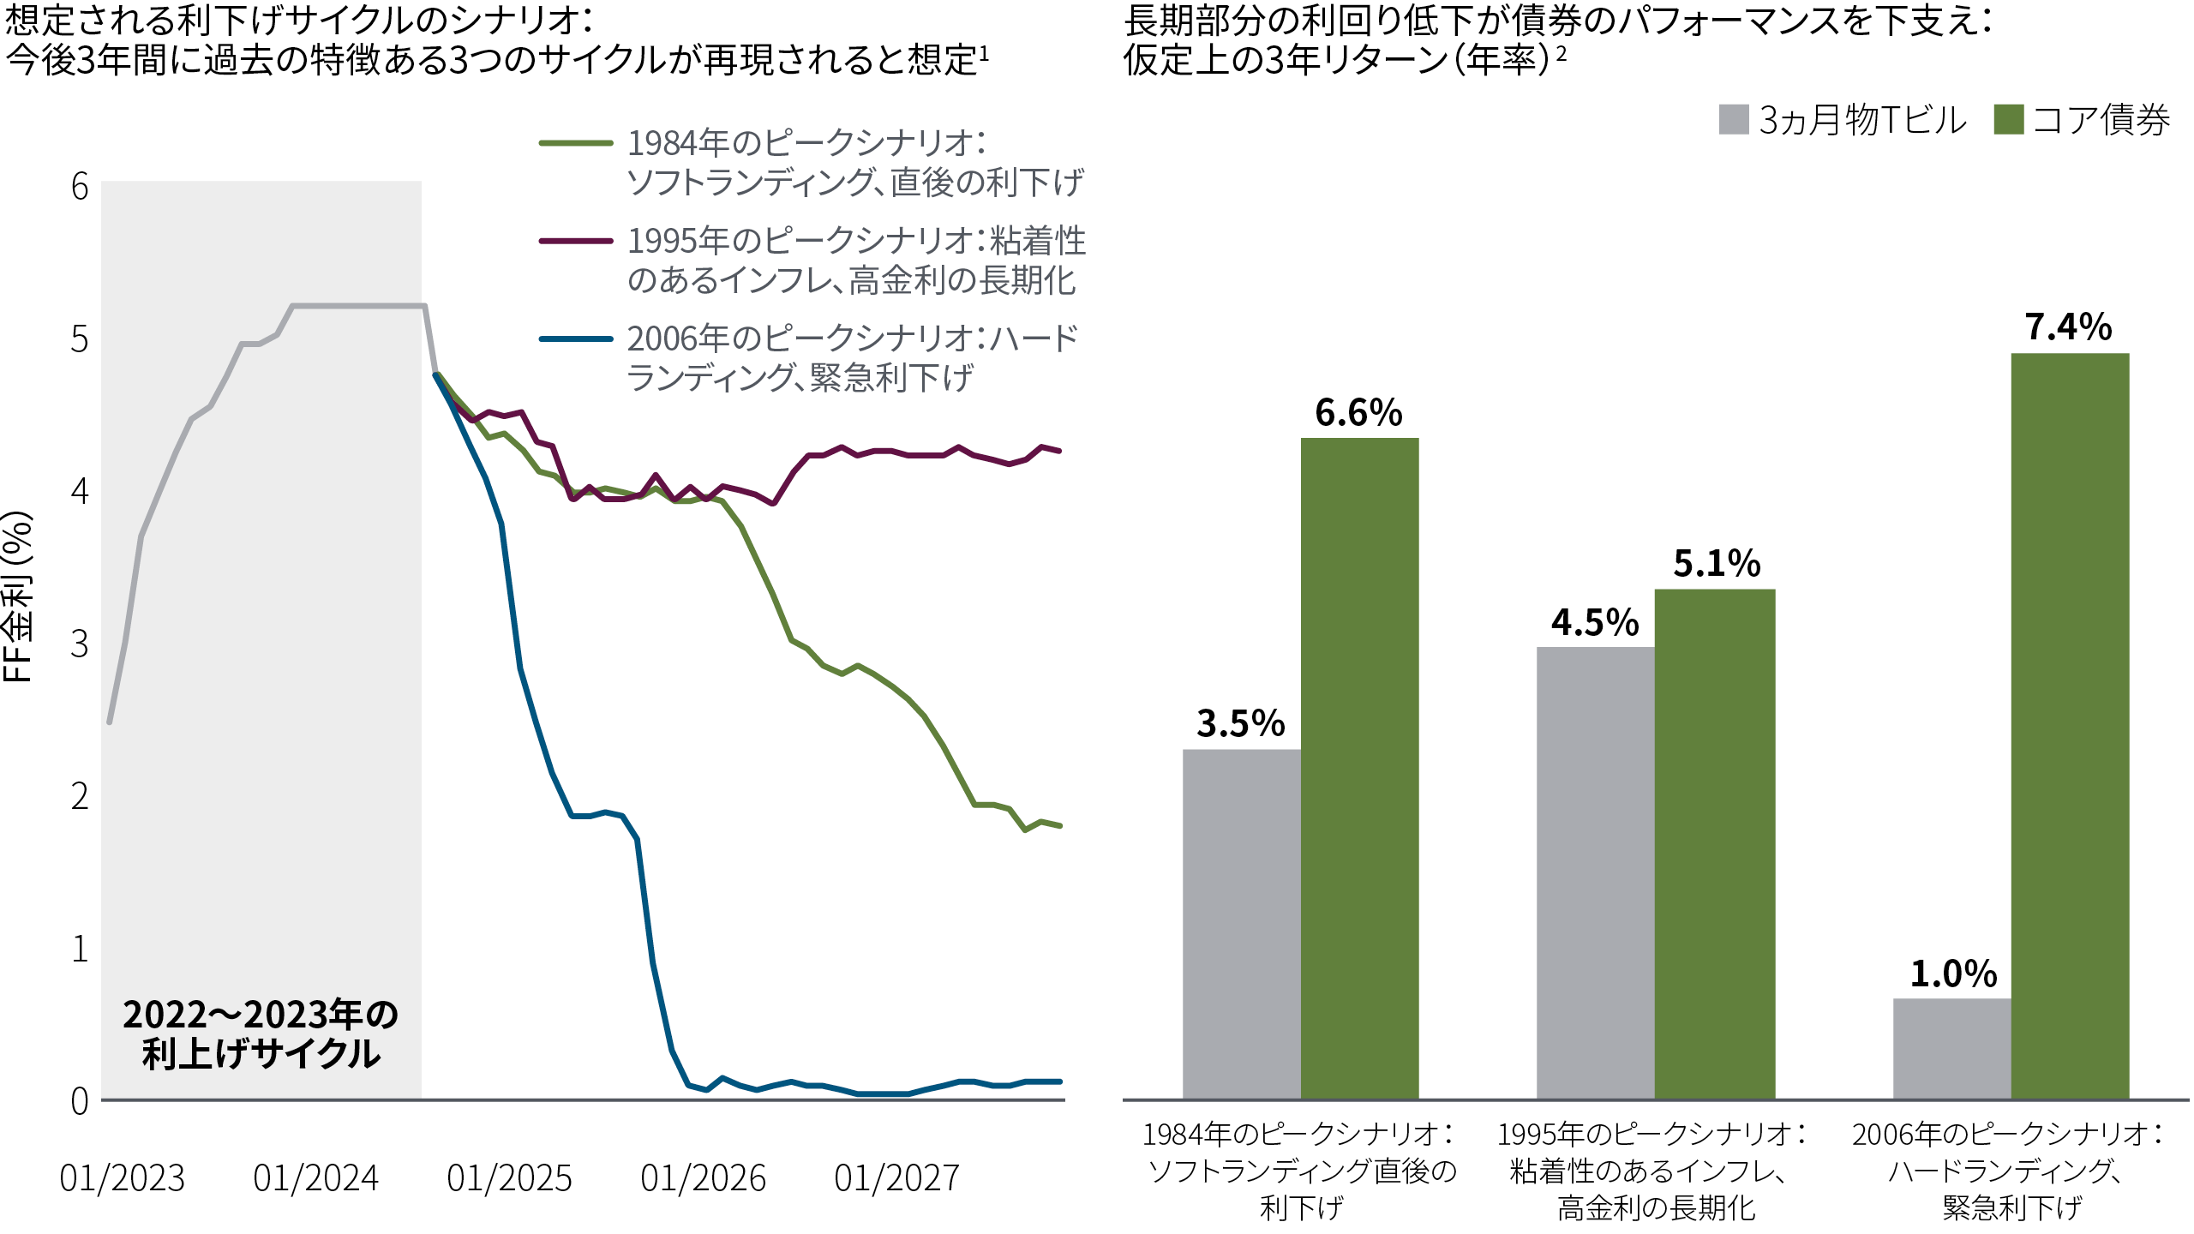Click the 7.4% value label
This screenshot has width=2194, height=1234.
(2068, 327)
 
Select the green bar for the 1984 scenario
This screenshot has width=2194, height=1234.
(1359, 768)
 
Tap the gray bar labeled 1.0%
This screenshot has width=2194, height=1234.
(1951, 1048)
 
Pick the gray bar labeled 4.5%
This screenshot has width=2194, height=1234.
(1595, 872)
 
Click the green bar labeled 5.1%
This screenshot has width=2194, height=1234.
(1714, 843)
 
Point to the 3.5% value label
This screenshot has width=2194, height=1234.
(1240, 724)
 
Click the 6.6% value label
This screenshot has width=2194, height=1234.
(1358, 413)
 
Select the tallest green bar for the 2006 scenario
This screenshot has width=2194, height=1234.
(2070, 725)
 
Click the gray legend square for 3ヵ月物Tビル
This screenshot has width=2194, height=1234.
(1733, 120)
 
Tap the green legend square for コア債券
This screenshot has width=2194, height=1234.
(2009, 120)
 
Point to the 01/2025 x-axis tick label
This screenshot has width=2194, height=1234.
(509, 1178)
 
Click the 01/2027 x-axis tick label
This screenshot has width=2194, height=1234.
(896, 1178)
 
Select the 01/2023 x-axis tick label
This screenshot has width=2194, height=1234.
(122, 1178)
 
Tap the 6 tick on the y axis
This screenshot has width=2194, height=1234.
(80, 187)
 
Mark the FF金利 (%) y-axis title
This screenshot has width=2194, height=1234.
(17, 596)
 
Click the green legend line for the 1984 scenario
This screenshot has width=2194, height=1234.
(575, 143)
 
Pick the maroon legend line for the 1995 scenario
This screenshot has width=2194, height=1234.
(575, 241)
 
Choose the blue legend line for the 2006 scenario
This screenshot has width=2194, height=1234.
(575, 339)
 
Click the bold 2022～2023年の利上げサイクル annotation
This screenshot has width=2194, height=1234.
(261, 1033)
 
